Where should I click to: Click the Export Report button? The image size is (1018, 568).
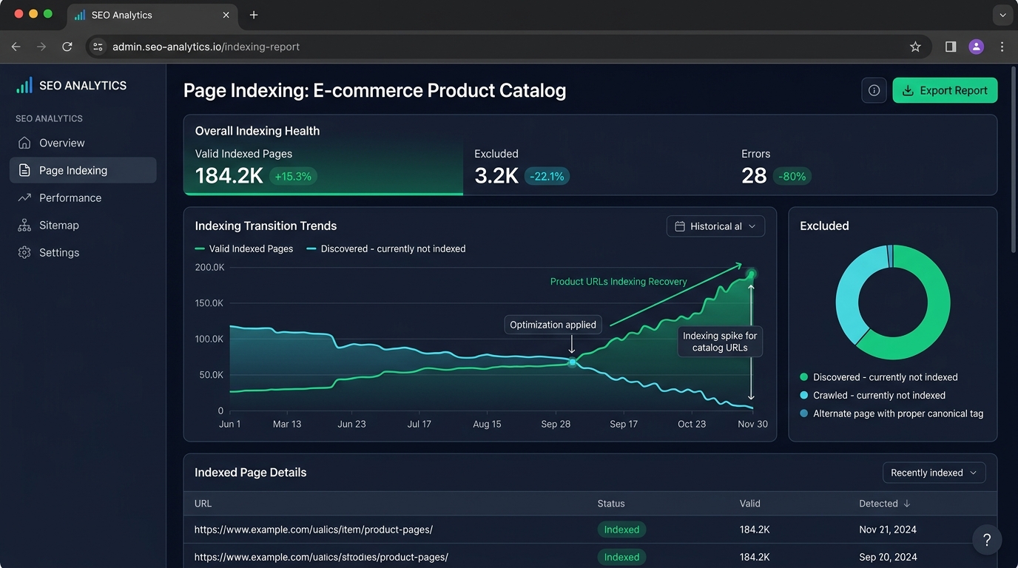tap(945, 90)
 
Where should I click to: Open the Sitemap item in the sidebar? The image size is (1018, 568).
tap(58, 226)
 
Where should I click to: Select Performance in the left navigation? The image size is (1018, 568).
tap(70, 198)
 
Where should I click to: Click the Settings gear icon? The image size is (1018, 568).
tap(24, 253)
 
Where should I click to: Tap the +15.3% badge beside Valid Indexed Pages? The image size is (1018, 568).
tap(293, 176)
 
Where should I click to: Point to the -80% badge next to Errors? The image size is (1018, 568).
tap(792, 176)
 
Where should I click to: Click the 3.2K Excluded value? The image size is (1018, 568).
tap(496, 176)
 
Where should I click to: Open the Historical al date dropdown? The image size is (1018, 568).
tap(715, 226)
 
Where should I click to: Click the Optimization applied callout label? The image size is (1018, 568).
tap(553, 325)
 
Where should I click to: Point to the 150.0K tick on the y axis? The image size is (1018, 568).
tap(209, 303)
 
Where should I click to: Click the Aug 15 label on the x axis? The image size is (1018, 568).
tap(487, 424)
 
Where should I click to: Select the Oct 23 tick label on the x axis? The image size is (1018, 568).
tap(692, 424)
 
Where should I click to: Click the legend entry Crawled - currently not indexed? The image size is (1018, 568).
tap(872, 396)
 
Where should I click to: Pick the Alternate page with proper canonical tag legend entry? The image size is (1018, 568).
tap(891, 413)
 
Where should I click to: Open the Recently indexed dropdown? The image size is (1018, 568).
tap(934, 473)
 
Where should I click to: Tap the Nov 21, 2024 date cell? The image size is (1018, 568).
tap(888, 530)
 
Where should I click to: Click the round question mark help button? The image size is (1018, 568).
tap(987, 540)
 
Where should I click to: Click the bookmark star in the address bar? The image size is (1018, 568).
tap(915, 47)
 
